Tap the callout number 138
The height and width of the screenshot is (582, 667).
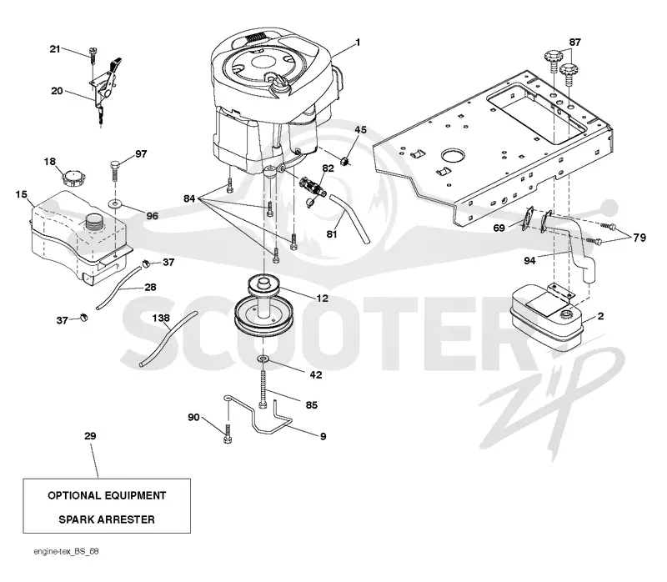click(x=161, y=319)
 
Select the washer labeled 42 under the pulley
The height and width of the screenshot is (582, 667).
click(x=263, y=360)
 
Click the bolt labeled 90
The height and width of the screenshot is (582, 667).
click(x=228, y=433)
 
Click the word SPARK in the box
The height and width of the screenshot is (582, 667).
click(x=77, y=519)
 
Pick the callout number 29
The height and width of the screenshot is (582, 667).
click(x=90, y=436)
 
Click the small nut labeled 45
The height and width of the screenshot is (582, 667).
click(x=346, y=161)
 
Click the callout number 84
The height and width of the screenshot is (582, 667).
click(x=189, y=198)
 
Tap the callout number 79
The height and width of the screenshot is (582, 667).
click(x=639, y=238)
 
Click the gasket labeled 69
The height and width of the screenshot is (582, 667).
click(x=528, y=218)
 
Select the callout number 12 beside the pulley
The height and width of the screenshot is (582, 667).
click(x=323, y=299)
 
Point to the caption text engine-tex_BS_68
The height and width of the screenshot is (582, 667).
click(x=67, y=551)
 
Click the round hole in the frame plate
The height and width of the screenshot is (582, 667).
click(x=453, y=155)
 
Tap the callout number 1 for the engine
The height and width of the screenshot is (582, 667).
click(x=358, y=43)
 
